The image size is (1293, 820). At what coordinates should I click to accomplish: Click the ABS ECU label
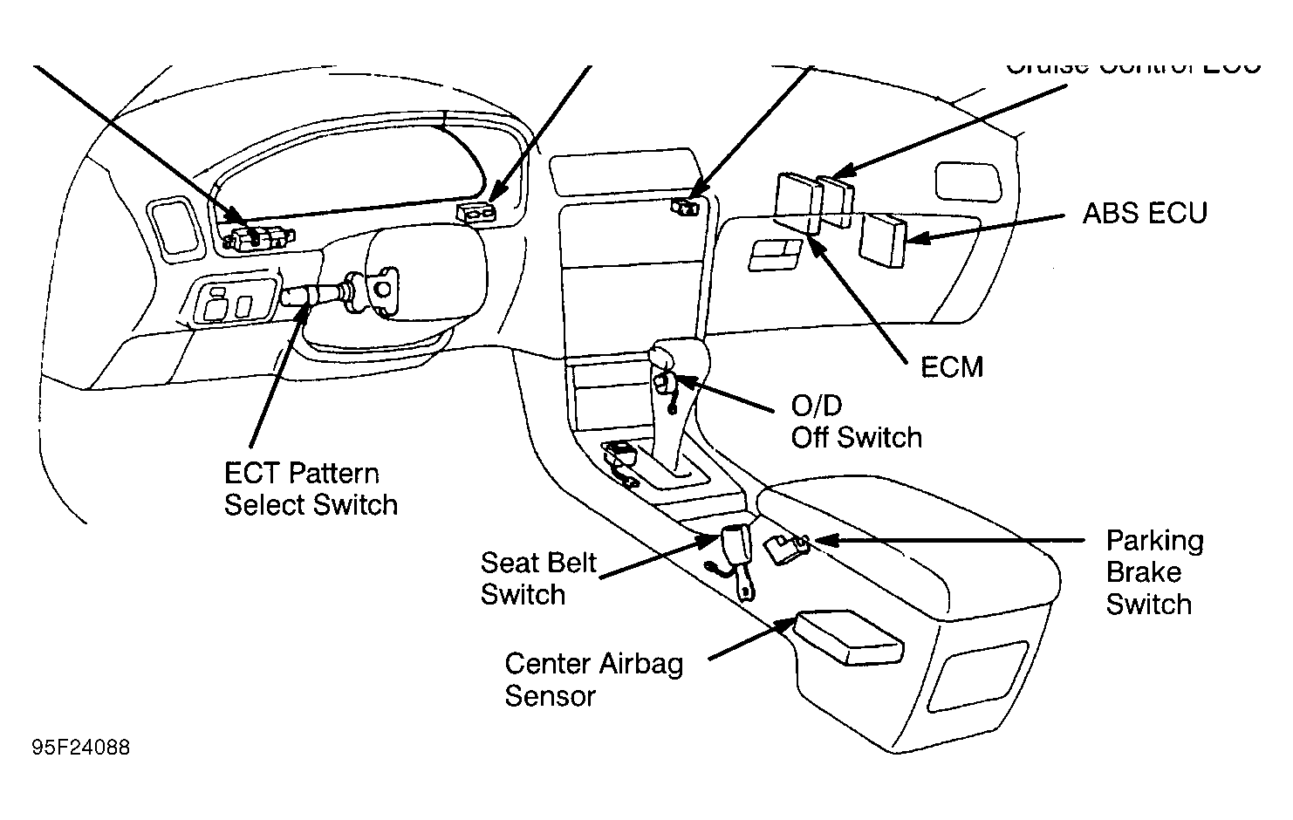[x=1144, y=213]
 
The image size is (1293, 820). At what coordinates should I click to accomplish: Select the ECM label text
[x=952, y=366]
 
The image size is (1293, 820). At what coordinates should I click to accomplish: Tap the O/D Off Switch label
[x=856, y=421]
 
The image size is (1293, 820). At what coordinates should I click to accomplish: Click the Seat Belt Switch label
[x=537, y=578]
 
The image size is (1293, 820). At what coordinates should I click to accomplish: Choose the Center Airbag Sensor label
[x=593, y=680]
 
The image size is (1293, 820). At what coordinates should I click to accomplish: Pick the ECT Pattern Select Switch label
[x=311, y=489]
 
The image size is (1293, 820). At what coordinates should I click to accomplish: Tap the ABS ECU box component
[x=883, y=239]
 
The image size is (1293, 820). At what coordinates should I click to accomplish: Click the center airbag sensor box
[x=846, y=639]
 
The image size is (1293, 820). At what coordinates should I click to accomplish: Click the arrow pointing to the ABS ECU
[x=986, y=227]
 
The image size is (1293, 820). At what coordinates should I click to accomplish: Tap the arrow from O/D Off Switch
[x=724, y=393]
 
